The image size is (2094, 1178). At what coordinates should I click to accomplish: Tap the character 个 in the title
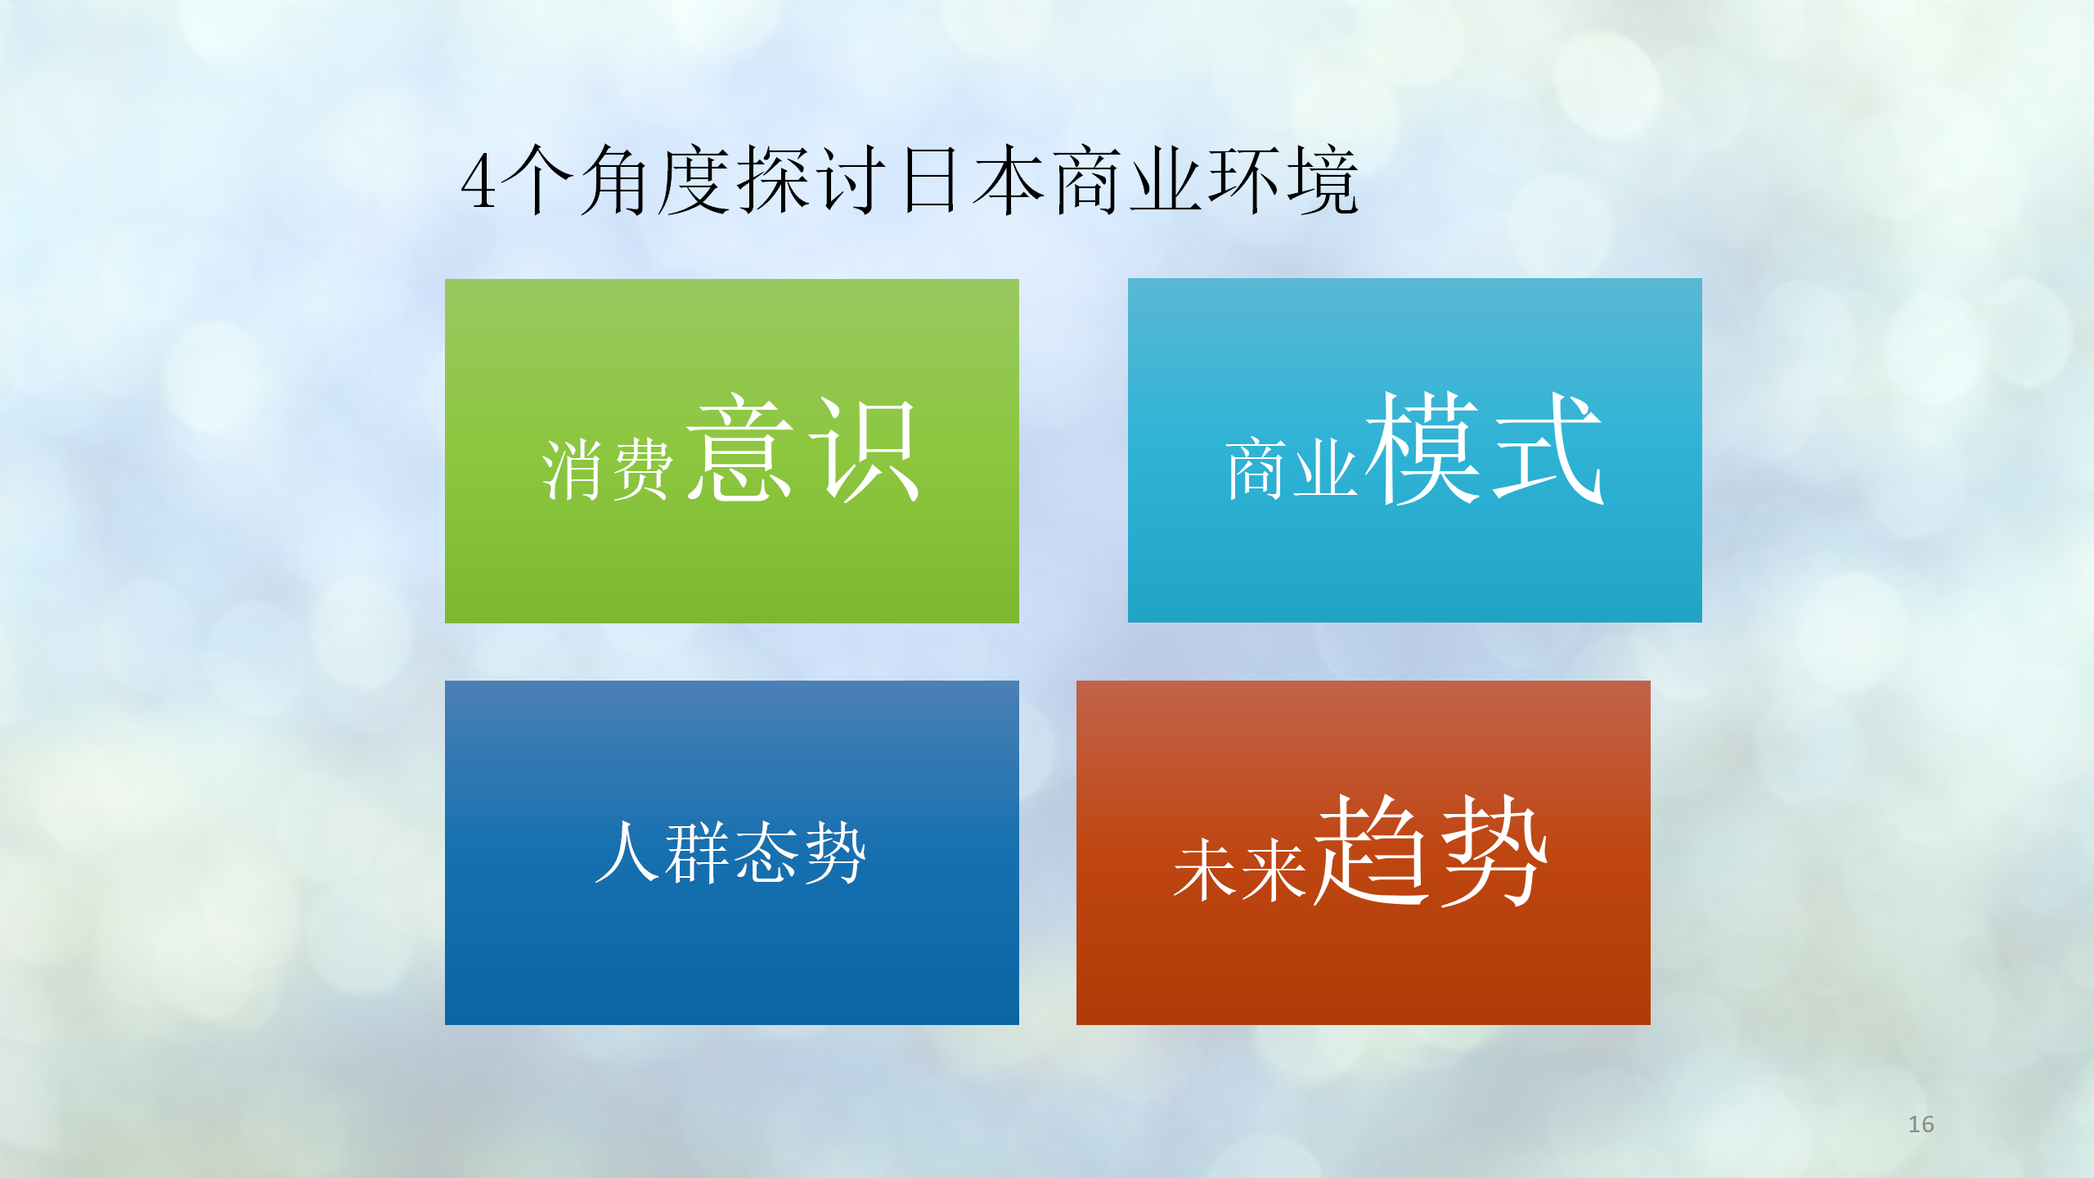click(x=537, y=180)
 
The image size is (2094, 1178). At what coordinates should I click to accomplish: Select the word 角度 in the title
click(x=655, y=180)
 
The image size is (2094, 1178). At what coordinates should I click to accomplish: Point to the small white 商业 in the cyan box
click(x=1292, y=468)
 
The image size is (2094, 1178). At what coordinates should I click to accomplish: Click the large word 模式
click(x=1485, y=447)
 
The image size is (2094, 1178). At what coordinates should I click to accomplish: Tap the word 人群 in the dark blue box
click(x=663, y=852)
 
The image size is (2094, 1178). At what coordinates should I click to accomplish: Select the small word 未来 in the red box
click(x=1240, y=870)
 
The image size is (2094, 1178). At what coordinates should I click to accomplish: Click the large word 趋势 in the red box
click(x=1431, y=850)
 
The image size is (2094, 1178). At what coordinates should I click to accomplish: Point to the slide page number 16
click(x=1921, y=1124)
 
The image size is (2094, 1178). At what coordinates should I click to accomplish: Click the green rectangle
click(x=732, y=451)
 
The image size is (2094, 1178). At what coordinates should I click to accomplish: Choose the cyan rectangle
click(x=1415, y=450)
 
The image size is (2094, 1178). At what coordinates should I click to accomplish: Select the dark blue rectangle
click(x=732, y=852)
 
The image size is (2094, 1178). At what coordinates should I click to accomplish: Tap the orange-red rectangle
click(x=1364, y=852)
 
